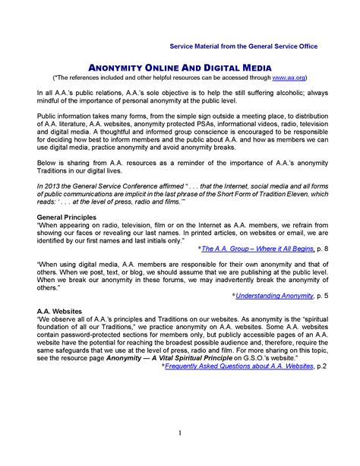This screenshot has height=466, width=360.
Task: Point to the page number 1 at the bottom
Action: pyautogui.click(x=180, y=433)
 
